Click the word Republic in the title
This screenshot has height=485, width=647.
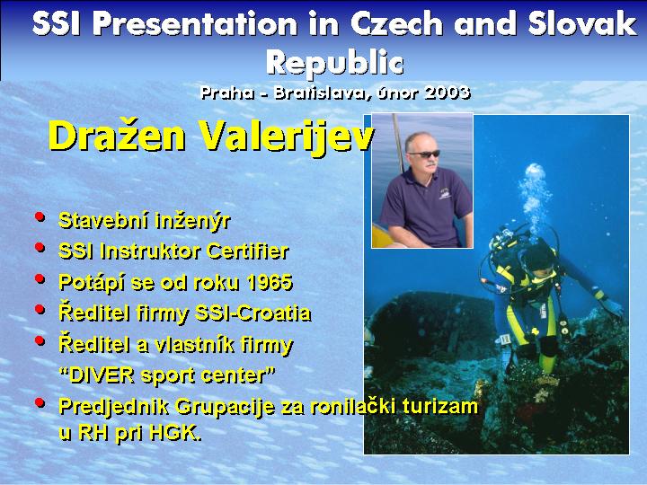[x=334, y=63]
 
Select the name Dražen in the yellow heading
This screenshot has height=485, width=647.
[x=117, y=137]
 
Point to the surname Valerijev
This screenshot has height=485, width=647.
[x=287, y=137]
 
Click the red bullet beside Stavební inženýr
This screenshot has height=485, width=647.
[x=40, y=216]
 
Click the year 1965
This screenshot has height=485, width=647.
[x=270, y=283]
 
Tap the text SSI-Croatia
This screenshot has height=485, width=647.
[x=253, y=313]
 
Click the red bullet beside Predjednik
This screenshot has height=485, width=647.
[x=40, y=402]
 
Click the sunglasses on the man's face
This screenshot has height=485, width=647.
[x=423, y=154]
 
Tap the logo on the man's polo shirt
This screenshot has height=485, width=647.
[x=445, y=193]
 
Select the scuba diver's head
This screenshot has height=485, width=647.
[x=537, y=258]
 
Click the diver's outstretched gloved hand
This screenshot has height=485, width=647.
[x=613, y=307]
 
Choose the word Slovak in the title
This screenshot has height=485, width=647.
[x=581, y=23]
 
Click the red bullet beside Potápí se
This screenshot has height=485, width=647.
[x=40, y=278]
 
